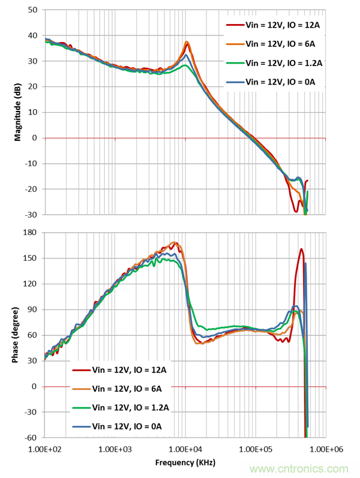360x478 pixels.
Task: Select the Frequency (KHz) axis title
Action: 185,462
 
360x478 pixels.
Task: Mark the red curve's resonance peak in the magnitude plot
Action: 187,43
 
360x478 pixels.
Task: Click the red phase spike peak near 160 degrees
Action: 301,249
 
